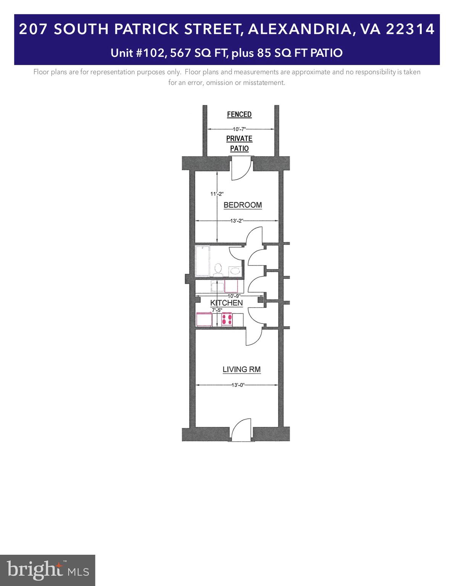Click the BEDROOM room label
pos(242,205)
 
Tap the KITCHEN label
pos(226,303)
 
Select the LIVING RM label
pos(242,369)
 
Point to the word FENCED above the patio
pos(239,114)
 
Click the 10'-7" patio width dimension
pos(239,129)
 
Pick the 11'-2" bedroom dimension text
pos(217,194)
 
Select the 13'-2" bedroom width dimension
pos(237,221)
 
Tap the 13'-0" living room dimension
pos(237,385)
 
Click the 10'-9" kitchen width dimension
pos(234,296)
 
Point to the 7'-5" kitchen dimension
pos(217,310)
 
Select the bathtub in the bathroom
pos(203,261)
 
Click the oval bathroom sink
pos(235,271)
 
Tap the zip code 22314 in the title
pos(410,29)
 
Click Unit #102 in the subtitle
pos(138,53)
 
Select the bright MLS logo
pos(48,570)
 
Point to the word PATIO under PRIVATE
pos(239,148)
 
